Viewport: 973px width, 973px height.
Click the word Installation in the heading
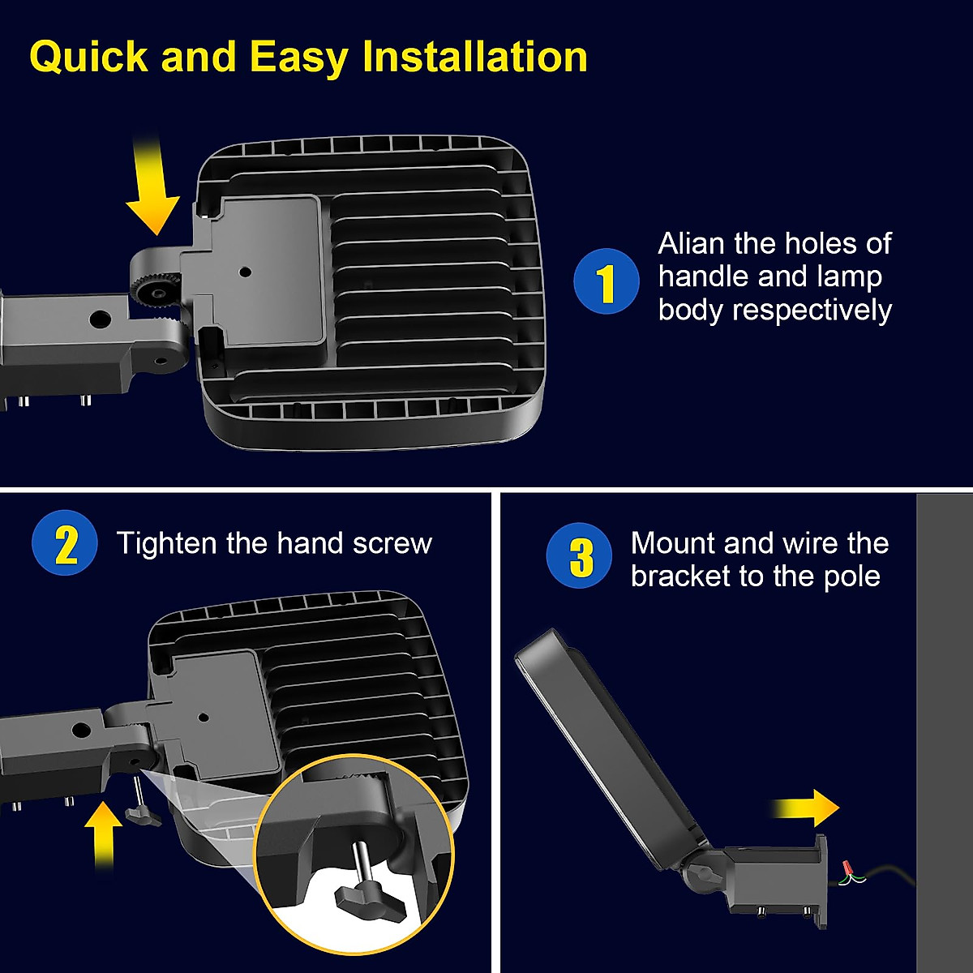tap(475, 57)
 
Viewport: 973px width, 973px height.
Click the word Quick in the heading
tap(88, 58)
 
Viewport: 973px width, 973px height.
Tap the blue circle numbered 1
tap(607, 281)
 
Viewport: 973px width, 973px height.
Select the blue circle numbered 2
tap(65, 544)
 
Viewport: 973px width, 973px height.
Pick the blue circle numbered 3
tap(579, 556)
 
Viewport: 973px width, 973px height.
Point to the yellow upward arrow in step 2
tap(102, 834)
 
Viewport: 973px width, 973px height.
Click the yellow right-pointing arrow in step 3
tap(805, 807)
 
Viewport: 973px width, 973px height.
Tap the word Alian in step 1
tap(692, 243)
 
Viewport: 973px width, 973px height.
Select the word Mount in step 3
tap(672, 542)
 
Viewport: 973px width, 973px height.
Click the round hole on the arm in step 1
tap(101, 318)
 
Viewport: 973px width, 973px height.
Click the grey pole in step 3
tap(944, 730)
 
